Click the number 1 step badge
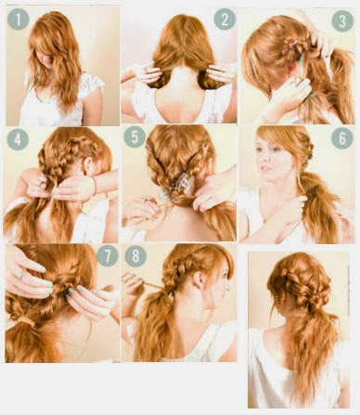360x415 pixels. click(19, 19)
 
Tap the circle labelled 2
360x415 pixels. click(225, 19)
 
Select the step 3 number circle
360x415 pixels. click(342, 20)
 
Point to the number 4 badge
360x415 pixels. click(18, 139)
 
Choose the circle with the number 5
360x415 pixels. click(135, 136)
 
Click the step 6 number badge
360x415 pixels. click(342, 138)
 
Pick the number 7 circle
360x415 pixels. click(108, 255)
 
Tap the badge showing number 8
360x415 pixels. click(135, 255)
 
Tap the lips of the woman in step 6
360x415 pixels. click(264, 169)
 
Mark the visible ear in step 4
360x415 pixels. click(88, 164)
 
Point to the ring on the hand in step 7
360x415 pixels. click(22, 275)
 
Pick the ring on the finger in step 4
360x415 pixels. click(43, 184)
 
